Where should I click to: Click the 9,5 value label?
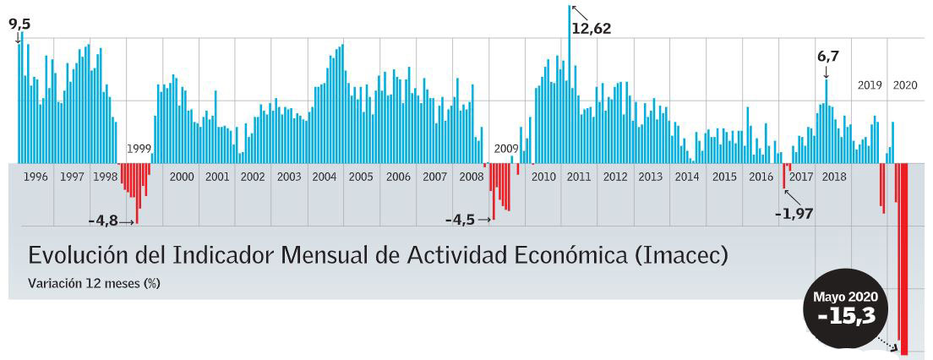(x=19, y=24)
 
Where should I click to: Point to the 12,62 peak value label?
(x=591, y=28)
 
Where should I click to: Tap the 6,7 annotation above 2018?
(x=827, y=57)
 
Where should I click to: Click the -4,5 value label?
(x=461, y=220)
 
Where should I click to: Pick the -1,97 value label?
(x=794, y=214)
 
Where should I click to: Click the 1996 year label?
(x=35, y=177)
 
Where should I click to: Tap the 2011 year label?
(x=579, y=177)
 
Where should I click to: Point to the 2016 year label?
(x=761, y=177)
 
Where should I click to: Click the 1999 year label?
(x=139, y=149)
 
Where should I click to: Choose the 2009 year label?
(x=506, y=149)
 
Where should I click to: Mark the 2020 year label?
(x=904, y=85)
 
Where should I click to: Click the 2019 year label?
(x=870, y=85)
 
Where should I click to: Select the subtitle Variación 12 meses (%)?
(x=94, y=283)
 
